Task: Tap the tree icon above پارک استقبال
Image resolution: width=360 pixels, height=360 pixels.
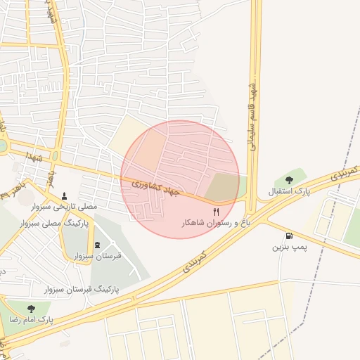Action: click(x=290, y=180)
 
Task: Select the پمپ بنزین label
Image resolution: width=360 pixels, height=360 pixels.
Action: click(x=289, y=247)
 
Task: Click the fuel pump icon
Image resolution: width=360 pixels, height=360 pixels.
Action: click(x=290, y=236)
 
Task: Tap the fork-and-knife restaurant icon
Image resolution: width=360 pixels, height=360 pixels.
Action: click(x=216, y=211)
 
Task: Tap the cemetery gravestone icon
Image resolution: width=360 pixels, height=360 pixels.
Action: click(x=97, y=244)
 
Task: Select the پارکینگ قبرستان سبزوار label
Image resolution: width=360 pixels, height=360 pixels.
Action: click(x=82, y=289)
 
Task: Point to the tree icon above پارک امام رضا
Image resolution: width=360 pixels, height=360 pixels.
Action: click(x=31, y=308)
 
